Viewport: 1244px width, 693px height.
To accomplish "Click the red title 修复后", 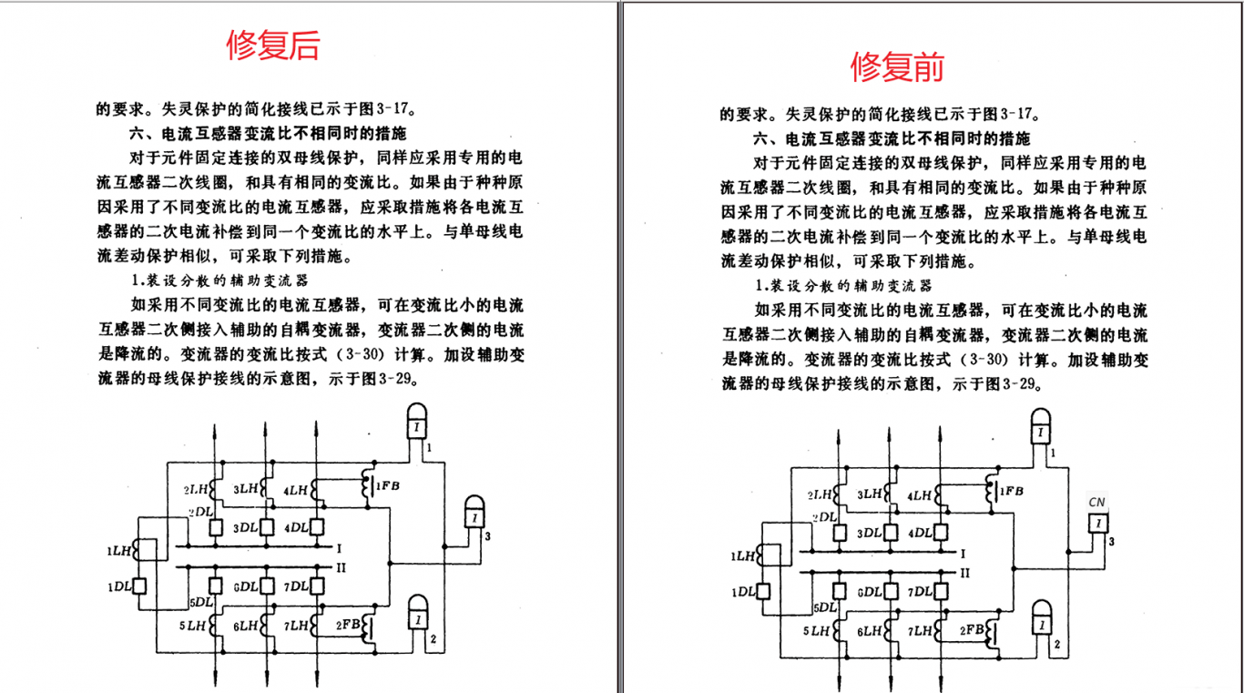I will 273,45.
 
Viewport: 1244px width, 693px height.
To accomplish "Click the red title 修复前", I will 897,66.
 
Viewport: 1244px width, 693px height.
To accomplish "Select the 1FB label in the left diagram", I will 387,485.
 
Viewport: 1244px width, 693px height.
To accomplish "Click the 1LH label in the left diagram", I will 117,550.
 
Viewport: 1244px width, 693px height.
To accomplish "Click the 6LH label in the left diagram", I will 246,626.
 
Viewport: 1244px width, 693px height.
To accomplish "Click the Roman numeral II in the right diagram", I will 965,573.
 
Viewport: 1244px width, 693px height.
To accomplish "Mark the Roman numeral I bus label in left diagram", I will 339,548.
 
